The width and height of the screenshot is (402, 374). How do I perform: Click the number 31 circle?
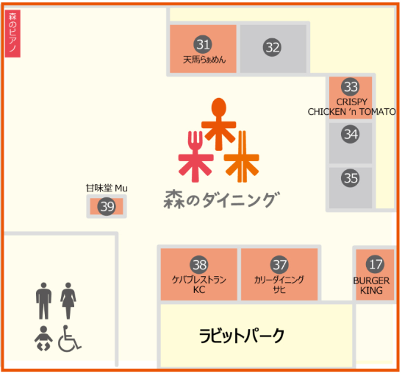coord(203,44)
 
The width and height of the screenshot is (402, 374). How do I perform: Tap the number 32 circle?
coord(272,47)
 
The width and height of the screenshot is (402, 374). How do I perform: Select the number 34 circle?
coord(351,134)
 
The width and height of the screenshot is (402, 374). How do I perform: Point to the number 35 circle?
coord(351,178)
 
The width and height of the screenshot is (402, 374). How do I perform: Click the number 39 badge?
coord(107,206)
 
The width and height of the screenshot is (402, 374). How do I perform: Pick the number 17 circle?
coord(375,264)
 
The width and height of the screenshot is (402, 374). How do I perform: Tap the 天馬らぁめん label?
coord(204,60)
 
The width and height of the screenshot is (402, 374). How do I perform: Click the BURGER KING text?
coord(371,286)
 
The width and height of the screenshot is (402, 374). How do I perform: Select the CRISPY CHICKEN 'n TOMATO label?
coord(351,107)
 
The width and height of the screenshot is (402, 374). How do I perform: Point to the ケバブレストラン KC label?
coord(199,284)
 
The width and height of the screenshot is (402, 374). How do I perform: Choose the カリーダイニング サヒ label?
coord(279,284)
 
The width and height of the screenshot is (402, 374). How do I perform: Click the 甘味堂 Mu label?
coord(107,188)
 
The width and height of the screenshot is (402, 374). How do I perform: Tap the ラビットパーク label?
coord(242,336)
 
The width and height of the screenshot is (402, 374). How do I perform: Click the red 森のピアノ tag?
coord(12,34)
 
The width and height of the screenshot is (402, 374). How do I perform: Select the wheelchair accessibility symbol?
coord(69,339)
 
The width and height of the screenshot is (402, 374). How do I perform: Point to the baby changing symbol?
coord(43,339)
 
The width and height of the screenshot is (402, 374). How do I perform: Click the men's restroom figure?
coord(43,301)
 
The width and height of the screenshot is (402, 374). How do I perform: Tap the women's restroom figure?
coord(68,301)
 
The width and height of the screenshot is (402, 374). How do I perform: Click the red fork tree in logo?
coord(195,157)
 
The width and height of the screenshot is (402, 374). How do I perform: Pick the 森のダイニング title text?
coord(222,200)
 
